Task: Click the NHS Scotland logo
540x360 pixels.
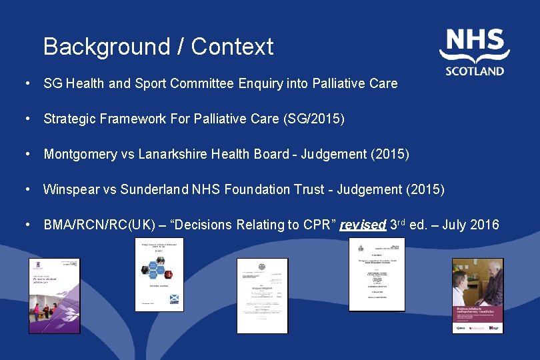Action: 474,52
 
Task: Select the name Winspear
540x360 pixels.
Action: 69,189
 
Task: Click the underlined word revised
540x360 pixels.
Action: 363,225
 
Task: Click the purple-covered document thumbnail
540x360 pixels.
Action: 53,295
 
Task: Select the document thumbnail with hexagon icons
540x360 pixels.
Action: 159,275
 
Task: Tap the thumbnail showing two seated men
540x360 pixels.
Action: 477,295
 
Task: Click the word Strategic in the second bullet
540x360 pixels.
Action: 68,119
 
